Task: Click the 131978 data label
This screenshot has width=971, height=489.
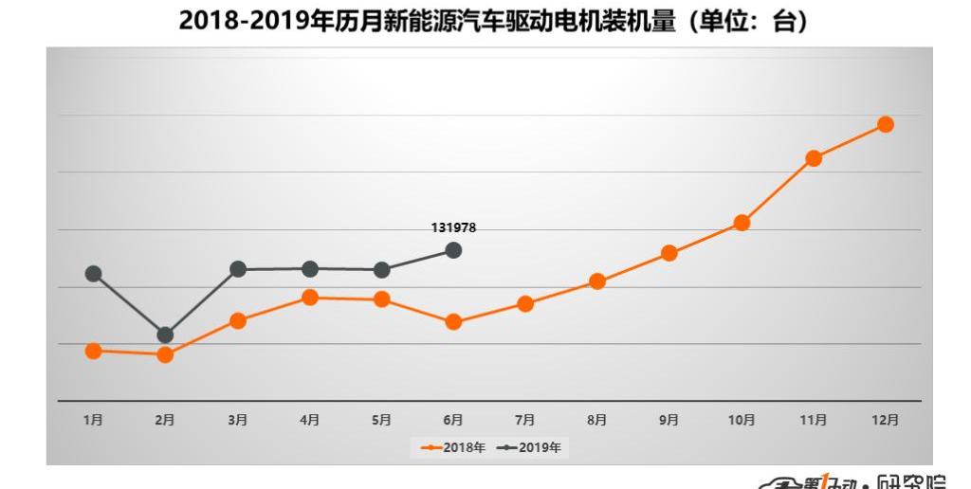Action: click(453, 227)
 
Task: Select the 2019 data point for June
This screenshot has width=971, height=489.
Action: click(453, 250)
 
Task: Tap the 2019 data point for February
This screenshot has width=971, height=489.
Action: click(165, 335)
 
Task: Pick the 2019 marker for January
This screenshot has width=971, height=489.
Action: click(93, 274)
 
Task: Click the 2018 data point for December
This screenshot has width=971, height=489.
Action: click(886, 124)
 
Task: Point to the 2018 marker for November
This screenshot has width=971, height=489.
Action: click(813, 158)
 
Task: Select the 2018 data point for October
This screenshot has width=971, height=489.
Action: click(742, 223)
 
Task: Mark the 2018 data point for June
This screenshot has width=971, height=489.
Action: click(453, 322)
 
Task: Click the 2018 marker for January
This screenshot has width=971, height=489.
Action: click(93, 351)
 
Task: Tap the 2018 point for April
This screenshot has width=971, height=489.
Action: click(309, 298)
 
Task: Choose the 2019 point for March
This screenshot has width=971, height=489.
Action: click(238, 269)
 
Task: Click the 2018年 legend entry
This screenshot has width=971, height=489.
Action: click(453, 447)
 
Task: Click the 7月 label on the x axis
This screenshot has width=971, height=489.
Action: click(525, 420)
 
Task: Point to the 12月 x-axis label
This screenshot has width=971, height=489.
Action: click(886, 420)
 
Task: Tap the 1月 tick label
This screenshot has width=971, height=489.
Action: click(93, 420)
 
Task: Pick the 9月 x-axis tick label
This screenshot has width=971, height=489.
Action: click(669, 420)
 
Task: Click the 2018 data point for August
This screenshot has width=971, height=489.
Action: click(597, 281)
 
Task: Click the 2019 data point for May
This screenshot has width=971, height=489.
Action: click(381, 270)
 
